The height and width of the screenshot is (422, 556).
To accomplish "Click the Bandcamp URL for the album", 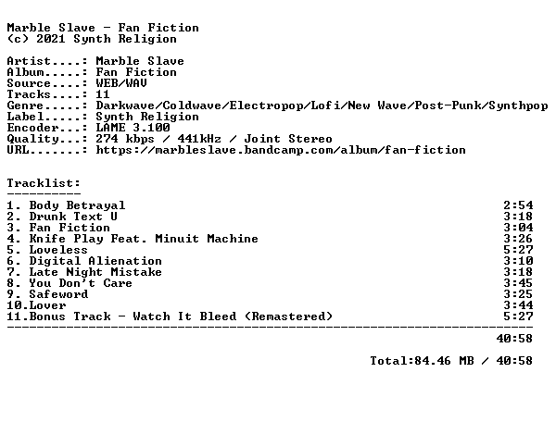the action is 281,150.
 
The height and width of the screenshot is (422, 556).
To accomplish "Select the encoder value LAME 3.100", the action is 133,128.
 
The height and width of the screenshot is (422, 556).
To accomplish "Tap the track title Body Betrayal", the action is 77,205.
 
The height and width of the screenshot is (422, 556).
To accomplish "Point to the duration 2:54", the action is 518,205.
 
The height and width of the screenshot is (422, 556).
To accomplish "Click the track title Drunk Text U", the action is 73,217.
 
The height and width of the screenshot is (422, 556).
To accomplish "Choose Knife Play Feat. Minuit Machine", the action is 144,239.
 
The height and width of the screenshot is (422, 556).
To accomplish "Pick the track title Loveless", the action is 58,250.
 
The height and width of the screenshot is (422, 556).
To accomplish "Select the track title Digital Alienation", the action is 95,261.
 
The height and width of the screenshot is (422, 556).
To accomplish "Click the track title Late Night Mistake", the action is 95,272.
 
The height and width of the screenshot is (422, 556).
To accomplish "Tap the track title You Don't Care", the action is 81,283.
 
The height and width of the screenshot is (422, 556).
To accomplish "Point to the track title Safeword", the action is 59,294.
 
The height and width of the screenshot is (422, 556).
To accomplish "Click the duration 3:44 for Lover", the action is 518,305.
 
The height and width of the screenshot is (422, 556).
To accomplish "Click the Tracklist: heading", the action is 44,183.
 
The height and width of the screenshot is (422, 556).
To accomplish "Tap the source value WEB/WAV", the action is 121,83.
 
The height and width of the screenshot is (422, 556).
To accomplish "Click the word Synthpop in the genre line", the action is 518,105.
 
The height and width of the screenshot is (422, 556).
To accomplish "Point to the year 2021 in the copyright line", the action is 51,39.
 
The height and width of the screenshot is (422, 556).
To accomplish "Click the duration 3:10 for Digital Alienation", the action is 518,261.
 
